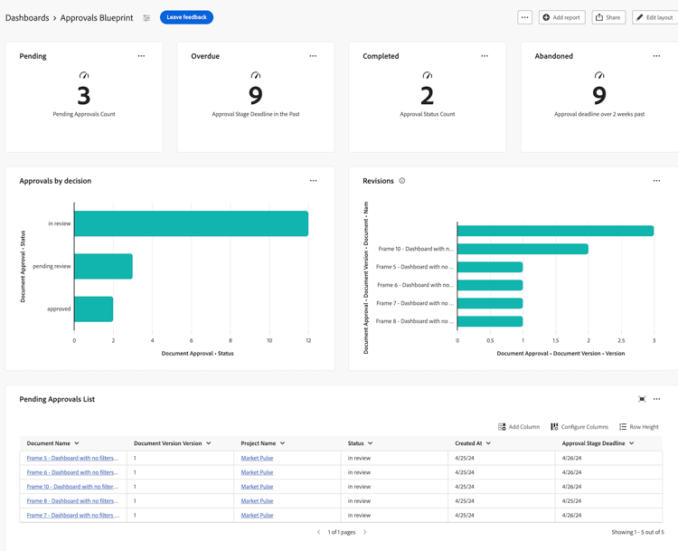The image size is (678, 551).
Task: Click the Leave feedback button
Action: click(186, 17)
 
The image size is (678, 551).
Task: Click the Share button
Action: click(608, 17)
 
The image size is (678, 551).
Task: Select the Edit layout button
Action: click(654, 17)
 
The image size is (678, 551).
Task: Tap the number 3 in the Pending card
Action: click(84, 94)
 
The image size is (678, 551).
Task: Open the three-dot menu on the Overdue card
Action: click(313, 56)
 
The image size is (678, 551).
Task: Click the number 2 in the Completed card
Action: click(428, 94)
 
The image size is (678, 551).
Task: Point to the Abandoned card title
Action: click(553, 56)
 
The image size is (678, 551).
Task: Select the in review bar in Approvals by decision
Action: click(191, 223)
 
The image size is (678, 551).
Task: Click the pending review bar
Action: click(103, 266)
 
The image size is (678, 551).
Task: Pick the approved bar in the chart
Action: click(93, 309)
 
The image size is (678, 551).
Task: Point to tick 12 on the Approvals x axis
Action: click(308, 341)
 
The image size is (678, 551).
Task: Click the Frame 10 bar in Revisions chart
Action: click(523, 249)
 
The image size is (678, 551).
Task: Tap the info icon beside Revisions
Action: click(402, 181)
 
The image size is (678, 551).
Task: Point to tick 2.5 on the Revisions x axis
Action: click(621, 341)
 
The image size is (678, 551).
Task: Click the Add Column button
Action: click(519, 427)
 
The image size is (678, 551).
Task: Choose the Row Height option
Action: click(638, 427)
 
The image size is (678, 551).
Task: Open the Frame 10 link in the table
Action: click(72, 487)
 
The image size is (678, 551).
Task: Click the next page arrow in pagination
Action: click(365, 532)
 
